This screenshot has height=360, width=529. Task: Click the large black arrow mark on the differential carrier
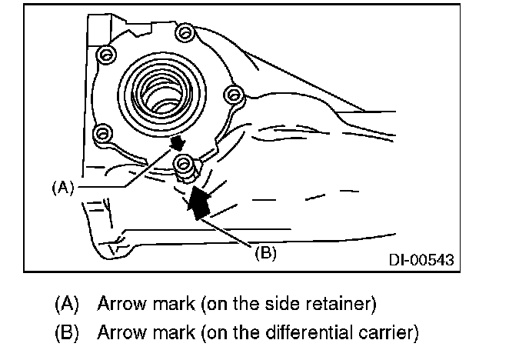(198, 202)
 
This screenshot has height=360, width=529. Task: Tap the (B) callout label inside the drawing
(264, 251)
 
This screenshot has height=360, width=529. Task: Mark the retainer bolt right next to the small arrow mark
(183, 162)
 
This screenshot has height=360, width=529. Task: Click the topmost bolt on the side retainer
(182, 32)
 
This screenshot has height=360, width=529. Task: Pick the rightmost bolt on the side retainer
(233, 93)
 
